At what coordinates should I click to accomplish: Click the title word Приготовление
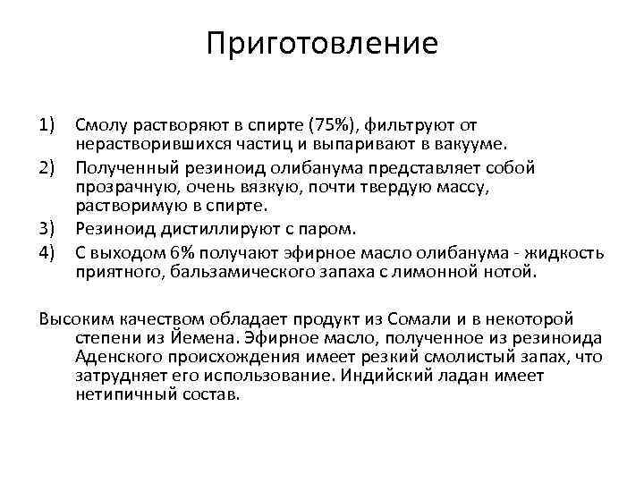(x=322, y=43)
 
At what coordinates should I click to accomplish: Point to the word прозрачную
(x=123, y=186)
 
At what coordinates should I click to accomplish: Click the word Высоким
(x=72, y=318)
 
